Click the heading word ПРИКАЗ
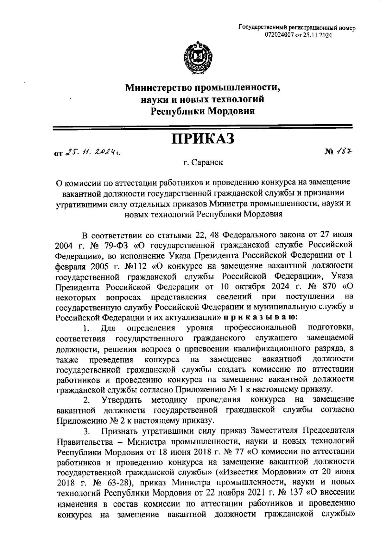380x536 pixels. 203,139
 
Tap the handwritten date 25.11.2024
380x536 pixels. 94,153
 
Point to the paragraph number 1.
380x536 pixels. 85,328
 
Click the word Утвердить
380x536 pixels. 121,400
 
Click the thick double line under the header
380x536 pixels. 203,127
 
